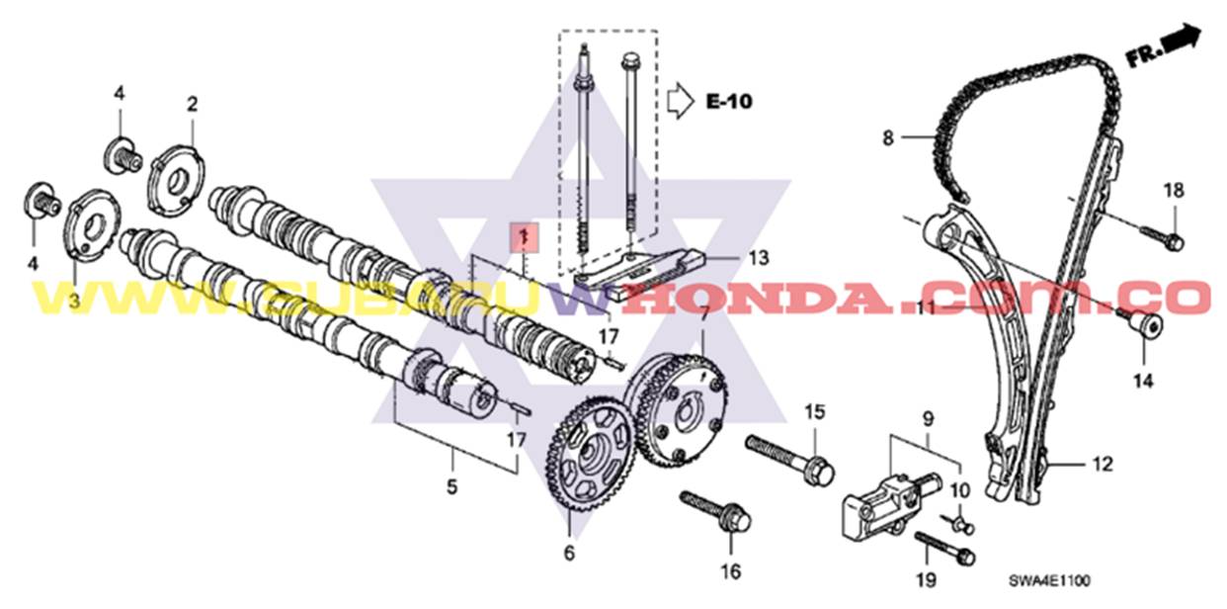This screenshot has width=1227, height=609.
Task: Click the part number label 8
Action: (887, 138)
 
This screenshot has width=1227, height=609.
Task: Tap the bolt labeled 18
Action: (1164, 236)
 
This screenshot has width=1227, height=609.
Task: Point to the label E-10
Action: (729, 101)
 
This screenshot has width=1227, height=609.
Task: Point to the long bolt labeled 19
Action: (944, 548)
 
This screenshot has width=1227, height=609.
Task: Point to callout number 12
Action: (1103, 463)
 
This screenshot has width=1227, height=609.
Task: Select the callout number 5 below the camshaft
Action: (452, 485)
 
